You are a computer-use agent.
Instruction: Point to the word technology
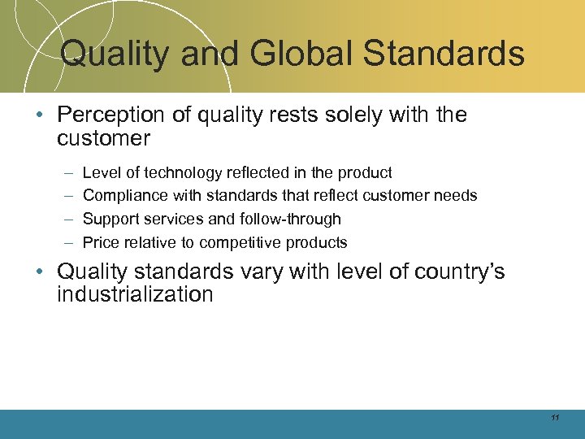pos(182,172)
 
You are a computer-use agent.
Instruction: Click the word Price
pos(100,242)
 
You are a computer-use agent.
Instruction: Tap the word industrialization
pos(135,294)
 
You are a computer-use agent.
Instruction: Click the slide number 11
pos(555,418)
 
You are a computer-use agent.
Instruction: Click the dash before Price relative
pos(65,242)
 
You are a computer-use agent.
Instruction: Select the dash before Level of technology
pos(65,172)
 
